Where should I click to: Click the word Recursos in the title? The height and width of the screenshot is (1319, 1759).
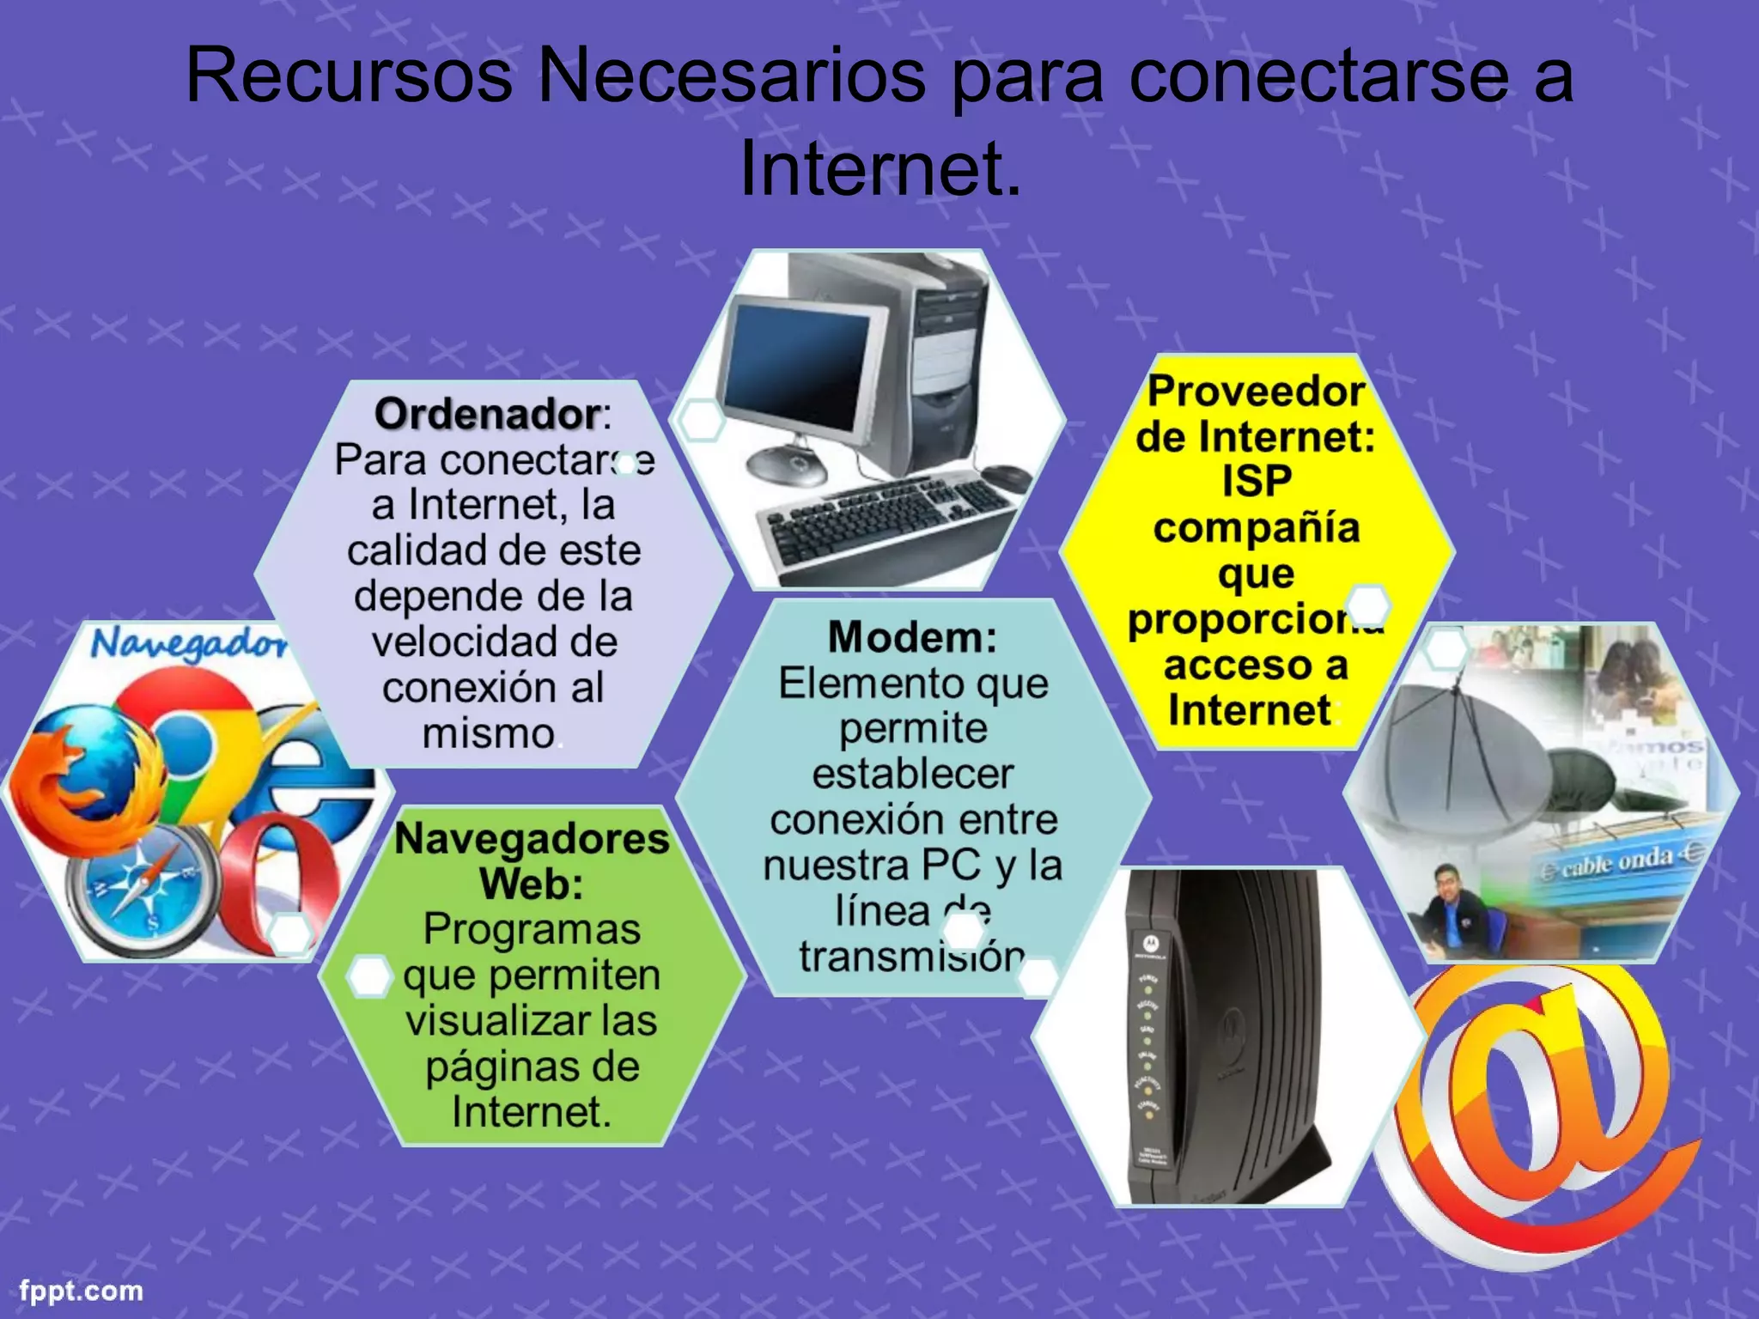point(349,76)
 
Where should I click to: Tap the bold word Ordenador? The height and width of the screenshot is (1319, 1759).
point(486,414)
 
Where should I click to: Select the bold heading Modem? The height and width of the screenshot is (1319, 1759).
point(912,637)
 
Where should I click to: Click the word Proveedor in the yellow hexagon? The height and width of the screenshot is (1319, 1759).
point(1256,392)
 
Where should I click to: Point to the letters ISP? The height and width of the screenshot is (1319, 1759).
point(1257,481)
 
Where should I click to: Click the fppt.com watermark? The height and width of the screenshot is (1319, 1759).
point(82,1291)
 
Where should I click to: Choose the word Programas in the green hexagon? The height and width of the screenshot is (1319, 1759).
point(532,929)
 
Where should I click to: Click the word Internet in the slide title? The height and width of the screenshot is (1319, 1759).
point(880,167)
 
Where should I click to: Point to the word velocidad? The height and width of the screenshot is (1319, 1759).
point(494,641)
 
